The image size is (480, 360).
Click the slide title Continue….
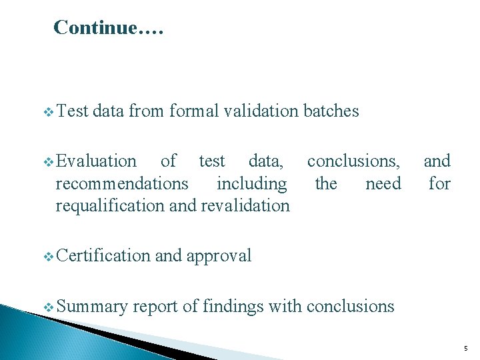coord(107,27)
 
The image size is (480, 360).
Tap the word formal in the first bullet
coord(193,111)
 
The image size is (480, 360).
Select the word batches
coord(331,111)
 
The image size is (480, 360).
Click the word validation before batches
coord(261,111)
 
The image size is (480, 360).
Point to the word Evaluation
coord(96,161)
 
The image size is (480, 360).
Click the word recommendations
coord(122,183)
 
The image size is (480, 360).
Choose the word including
coord(252,183)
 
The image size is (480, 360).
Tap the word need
coord(383,183)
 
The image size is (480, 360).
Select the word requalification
coord(111,206)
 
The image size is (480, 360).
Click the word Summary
coord(91,307)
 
